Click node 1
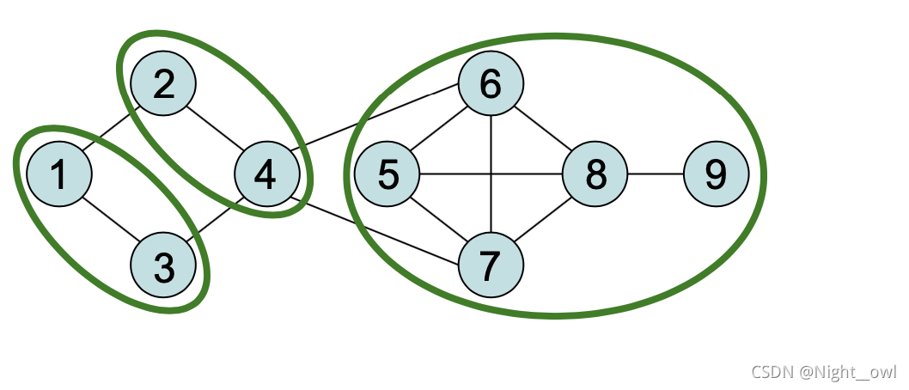click(58, 175)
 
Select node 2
click(163, 84)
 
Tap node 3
click(163, 267)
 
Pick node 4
click(267, 175)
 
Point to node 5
click(387, 175)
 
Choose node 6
click(491, 84)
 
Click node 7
click(491, 267)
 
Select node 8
click(595, 175)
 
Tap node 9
click(716, 175)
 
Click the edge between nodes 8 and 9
click(656, 175)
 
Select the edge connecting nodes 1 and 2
click(111, 130)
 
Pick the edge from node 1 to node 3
click(111, 221)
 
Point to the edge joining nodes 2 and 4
click(215, 130)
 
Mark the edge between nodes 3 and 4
click(215, 221)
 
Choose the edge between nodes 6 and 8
click(543, 130)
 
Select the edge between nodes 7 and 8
click(543, 221)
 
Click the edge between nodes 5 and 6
click(439, 130)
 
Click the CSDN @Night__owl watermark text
click(824, 372)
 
